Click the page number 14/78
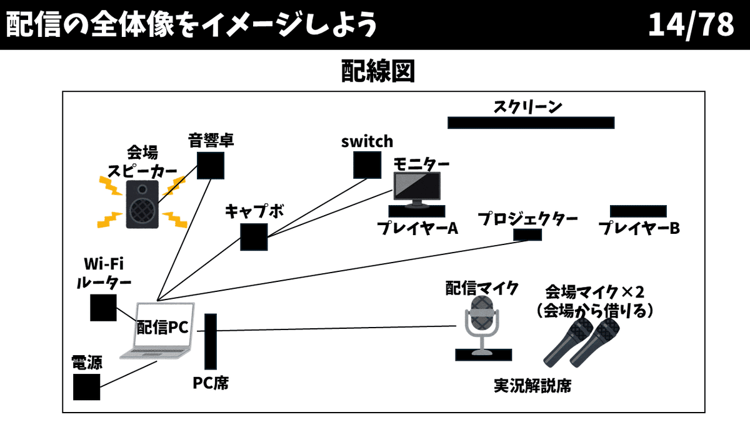(x=691, y=25)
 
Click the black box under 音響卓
(x=211, y=165)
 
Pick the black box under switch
(x=367, y=164)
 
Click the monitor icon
(x=416, y=190)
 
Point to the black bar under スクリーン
(x=531, y=123)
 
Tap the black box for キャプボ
(x=254, y=236)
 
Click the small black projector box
(x=527, y=234)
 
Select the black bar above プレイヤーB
(x=637, y=211)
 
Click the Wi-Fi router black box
(x=103, y=307)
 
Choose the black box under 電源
(x=86, y=386)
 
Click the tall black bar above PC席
(x=211, y=342)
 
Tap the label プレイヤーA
(x=417, y=228)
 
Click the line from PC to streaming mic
(x=337, y=329)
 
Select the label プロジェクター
(x=527, y=219)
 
